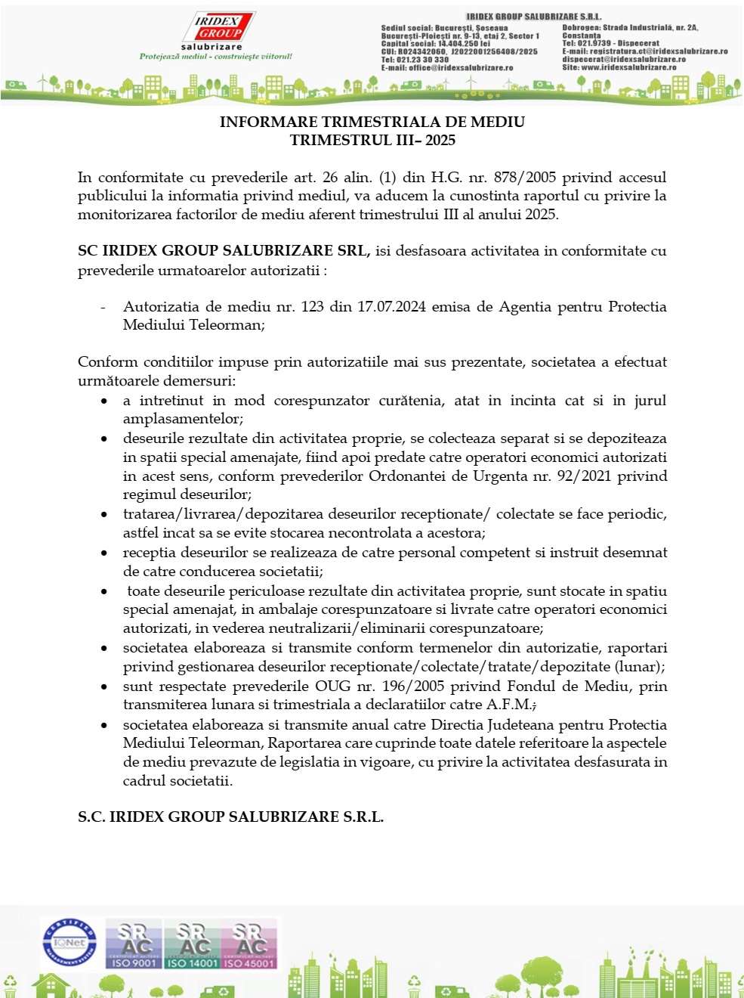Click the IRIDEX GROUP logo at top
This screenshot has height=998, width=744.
point(219,28)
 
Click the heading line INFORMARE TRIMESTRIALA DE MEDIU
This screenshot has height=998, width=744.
point(372,122)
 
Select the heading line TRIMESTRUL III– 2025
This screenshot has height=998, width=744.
point(372,140)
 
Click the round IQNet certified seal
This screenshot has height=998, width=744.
point(69,942)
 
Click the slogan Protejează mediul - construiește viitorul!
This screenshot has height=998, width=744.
point(215,57)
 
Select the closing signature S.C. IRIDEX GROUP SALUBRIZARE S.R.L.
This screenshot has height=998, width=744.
point(230,817)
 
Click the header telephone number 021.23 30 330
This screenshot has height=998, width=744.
point(422,60)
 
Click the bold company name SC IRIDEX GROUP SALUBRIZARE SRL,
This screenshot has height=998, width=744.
point(224,251)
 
